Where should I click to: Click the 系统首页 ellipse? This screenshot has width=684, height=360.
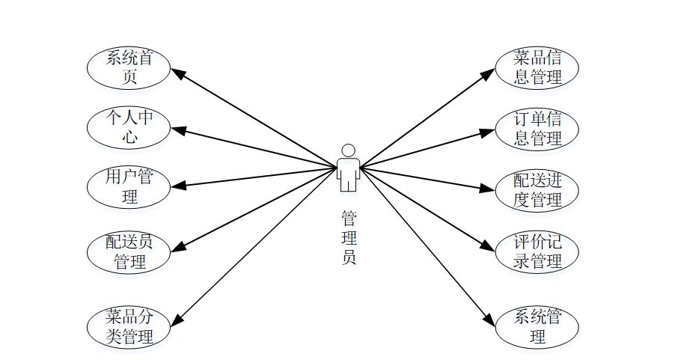pyautogui.click(x=129, y=67)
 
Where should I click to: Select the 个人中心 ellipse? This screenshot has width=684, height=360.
pyautogui.click(x=129, y=127)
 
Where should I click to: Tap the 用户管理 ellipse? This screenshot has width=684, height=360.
pyautogui.click(x=129, y=187)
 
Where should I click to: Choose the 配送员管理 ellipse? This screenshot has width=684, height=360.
pyautogui.click(x=129, y=252)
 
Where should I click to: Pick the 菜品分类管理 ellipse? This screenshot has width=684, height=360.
pyautogui.click(x=129, y=327)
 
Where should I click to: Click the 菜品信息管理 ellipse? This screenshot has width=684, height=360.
pyautogui.click(x=537, y=67)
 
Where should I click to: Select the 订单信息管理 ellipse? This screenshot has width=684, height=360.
pyautogui.click(x=537, y=129)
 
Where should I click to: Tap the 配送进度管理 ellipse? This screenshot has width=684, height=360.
pyautogui.click(x=537, y=190)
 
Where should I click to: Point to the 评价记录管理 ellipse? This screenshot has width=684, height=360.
pyautogui.click(x=537, y=252)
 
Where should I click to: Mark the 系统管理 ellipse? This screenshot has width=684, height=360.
pyautogui.click(x=537, y=327)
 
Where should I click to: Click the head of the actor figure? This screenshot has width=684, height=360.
pyautogui.click(x=348, y=150)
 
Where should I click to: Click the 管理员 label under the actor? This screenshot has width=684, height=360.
pyautogui.click(x=349, y=238)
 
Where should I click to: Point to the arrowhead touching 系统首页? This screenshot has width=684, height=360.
pyautogui.click(x=178, y=73)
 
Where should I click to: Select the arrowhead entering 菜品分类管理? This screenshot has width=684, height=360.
pyautogui.click(x=177, y=320)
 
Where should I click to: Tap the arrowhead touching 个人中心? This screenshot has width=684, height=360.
pyautogui.click(x=179, y=130)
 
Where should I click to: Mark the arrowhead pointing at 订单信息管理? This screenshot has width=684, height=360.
pyautogui.click(x=487, y=132)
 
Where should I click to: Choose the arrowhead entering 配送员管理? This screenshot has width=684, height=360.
pyautogui.click(x=178, y=248)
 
